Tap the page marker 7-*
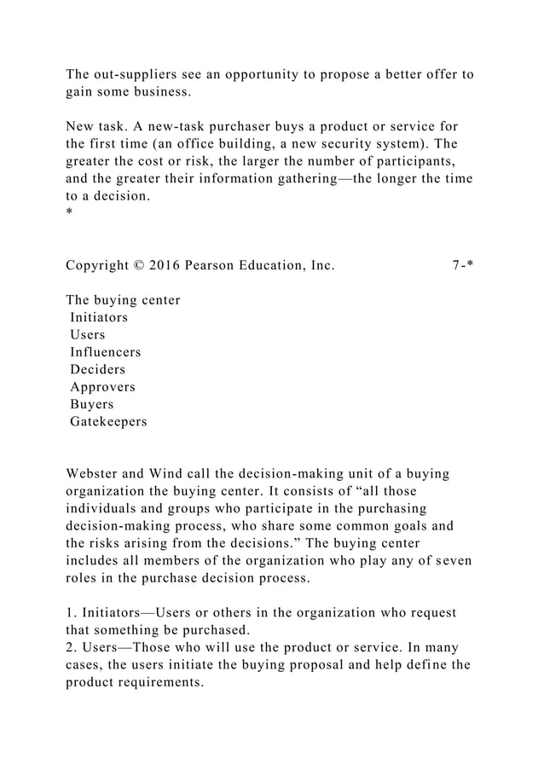[x=463, y=264]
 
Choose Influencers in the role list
[x=105, y=352]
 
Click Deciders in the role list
[x=97, y=369]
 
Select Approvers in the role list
[x=102, y=387]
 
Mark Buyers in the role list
[x=91, y=404]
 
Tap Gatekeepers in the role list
[x=107, y=421]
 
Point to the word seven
[x=452, y=560]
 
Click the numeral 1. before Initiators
[x=72, y=613]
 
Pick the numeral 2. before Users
[x=72, y=648]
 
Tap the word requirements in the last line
[x=165, y=683]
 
